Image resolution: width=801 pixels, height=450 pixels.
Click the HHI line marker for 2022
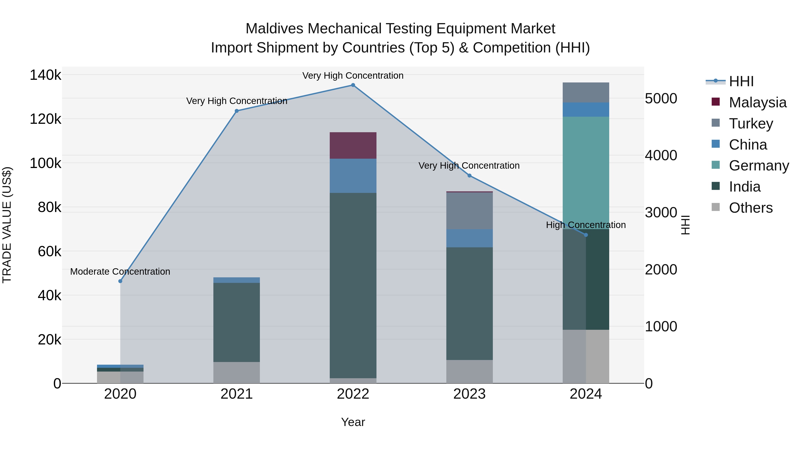click(353, 85)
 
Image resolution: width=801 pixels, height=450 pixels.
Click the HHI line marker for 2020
click(120, 281)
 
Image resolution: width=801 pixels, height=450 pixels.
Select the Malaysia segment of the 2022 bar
click(353, 145)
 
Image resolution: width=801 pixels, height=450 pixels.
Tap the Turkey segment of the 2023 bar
click(469, 211)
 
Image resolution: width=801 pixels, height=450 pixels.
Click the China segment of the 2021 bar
click(237, 280)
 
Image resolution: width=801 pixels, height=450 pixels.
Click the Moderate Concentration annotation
click(120, 272)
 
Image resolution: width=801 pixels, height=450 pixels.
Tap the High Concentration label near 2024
click(586, 225)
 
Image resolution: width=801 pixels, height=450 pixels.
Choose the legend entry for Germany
click(759, 166)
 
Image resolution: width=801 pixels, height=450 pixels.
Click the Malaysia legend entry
click(757, 102)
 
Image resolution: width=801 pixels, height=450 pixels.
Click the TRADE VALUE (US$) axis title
click(7, 225)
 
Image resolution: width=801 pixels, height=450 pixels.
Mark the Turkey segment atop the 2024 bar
click(586, 92)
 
